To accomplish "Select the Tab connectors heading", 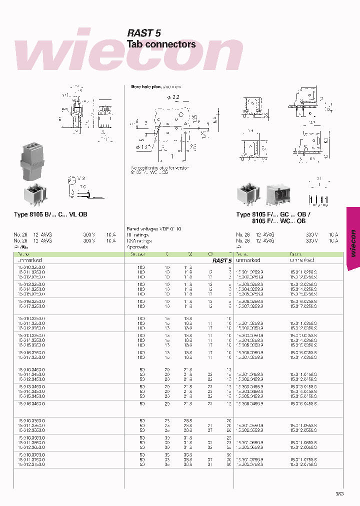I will click(161, 44).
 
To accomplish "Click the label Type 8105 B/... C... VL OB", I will click(50, 214).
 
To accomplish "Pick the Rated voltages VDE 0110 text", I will click(154, 228).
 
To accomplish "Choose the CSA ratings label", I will click(139, 241).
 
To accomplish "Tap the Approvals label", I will click(137, 247).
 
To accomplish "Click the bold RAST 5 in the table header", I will click(221, 260).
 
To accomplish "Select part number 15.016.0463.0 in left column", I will click(31, 403).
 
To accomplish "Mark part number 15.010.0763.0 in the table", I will click(31, 454).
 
